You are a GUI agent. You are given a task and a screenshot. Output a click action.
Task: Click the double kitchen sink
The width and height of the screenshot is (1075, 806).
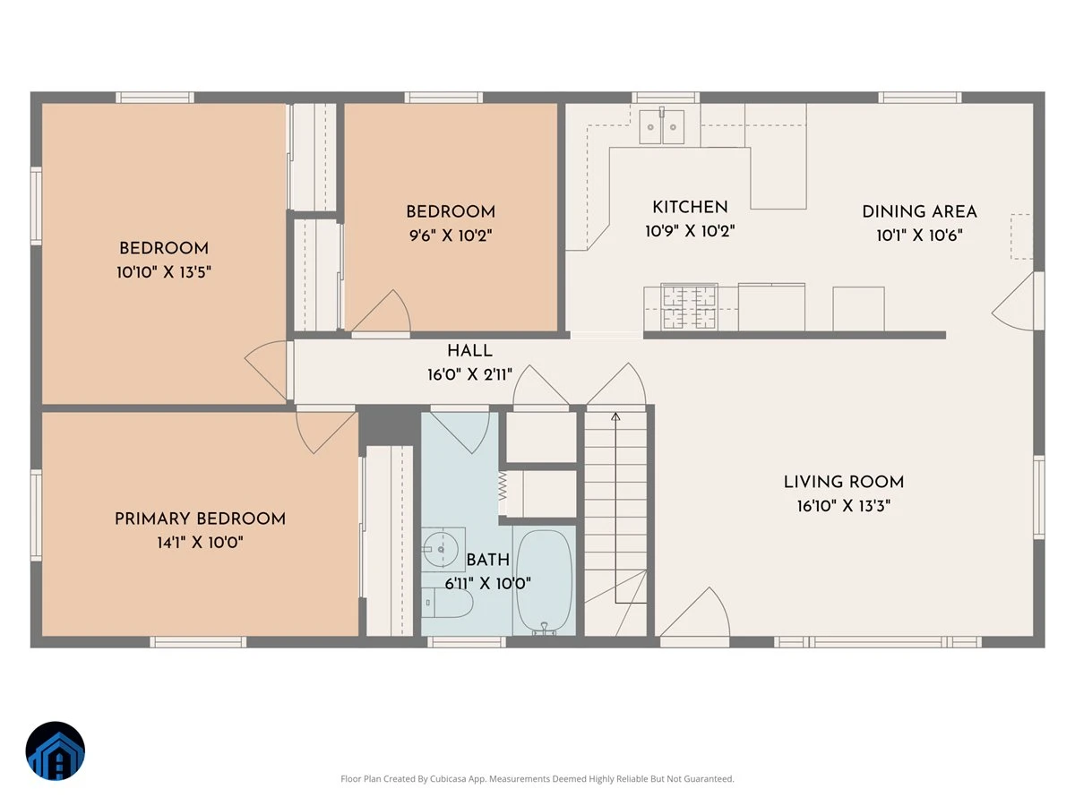tap(661, 126)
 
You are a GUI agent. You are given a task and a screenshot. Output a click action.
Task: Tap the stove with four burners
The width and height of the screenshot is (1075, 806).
tap(689, 307)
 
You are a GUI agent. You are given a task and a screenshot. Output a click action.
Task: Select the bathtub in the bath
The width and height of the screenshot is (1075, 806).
tap(545, 582)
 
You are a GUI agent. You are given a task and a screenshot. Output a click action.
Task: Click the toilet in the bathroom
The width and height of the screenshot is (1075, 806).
tap(447, 603)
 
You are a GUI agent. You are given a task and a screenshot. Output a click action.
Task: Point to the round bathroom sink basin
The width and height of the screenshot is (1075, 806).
tap(440, 550)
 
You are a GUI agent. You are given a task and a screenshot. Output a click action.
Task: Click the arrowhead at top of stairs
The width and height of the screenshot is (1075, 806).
tap(615, 416)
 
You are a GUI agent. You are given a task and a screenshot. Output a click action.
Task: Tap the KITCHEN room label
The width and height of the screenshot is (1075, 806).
tap(690, 208)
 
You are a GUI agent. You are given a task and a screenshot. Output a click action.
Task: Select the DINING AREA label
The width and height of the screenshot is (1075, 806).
tap(919, 212)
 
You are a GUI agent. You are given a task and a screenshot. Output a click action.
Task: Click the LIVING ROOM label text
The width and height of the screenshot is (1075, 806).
tap(843, 482)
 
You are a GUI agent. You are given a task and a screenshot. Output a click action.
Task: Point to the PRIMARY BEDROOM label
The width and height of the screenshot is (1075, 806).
tap(200, 519)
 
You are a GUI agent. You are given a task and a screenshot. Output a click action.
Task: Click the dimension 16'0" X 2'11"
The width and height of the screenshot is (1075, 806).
tap(469, 375)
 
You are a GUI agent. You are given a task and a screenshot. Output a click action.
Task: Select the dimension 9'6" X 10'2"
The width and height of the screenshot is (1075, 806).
tap(451, 236)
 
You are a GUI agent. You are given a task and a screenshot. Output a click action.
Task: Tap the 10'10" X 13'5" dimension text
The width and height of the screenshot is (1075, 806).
tap(164, 272)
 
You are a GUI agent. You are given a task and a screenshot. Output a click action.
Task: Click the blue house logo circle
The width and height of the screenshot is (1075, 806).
tap(56, 750)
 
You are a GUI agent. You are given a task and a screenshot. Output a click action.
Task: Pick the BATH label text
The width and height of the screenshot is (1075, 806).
tap(488, 560)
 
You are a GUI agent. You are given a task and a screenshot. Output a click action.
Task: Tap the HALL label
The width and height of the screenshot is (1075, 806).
tap(469, 351)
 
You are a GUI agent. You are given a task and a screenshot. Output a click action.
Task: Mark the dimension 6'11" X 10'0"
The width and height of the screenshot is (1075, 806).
tap(488, 583)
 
